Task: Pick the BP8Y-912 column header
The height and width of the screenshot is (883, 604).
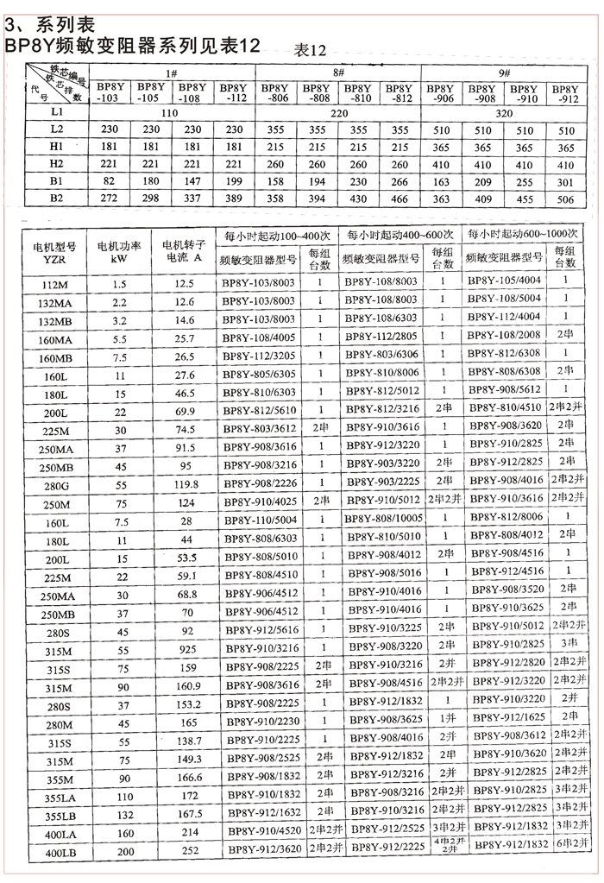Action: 564,93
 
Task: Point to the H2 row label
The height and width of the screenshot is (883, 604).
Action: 57,163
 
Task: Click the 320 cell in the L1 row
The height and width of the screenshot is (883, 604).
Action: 503,112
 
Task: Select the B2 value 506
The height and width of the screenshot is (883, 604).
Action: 565,199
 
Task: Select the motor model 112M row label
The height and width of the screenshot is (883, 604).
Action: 56,284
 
